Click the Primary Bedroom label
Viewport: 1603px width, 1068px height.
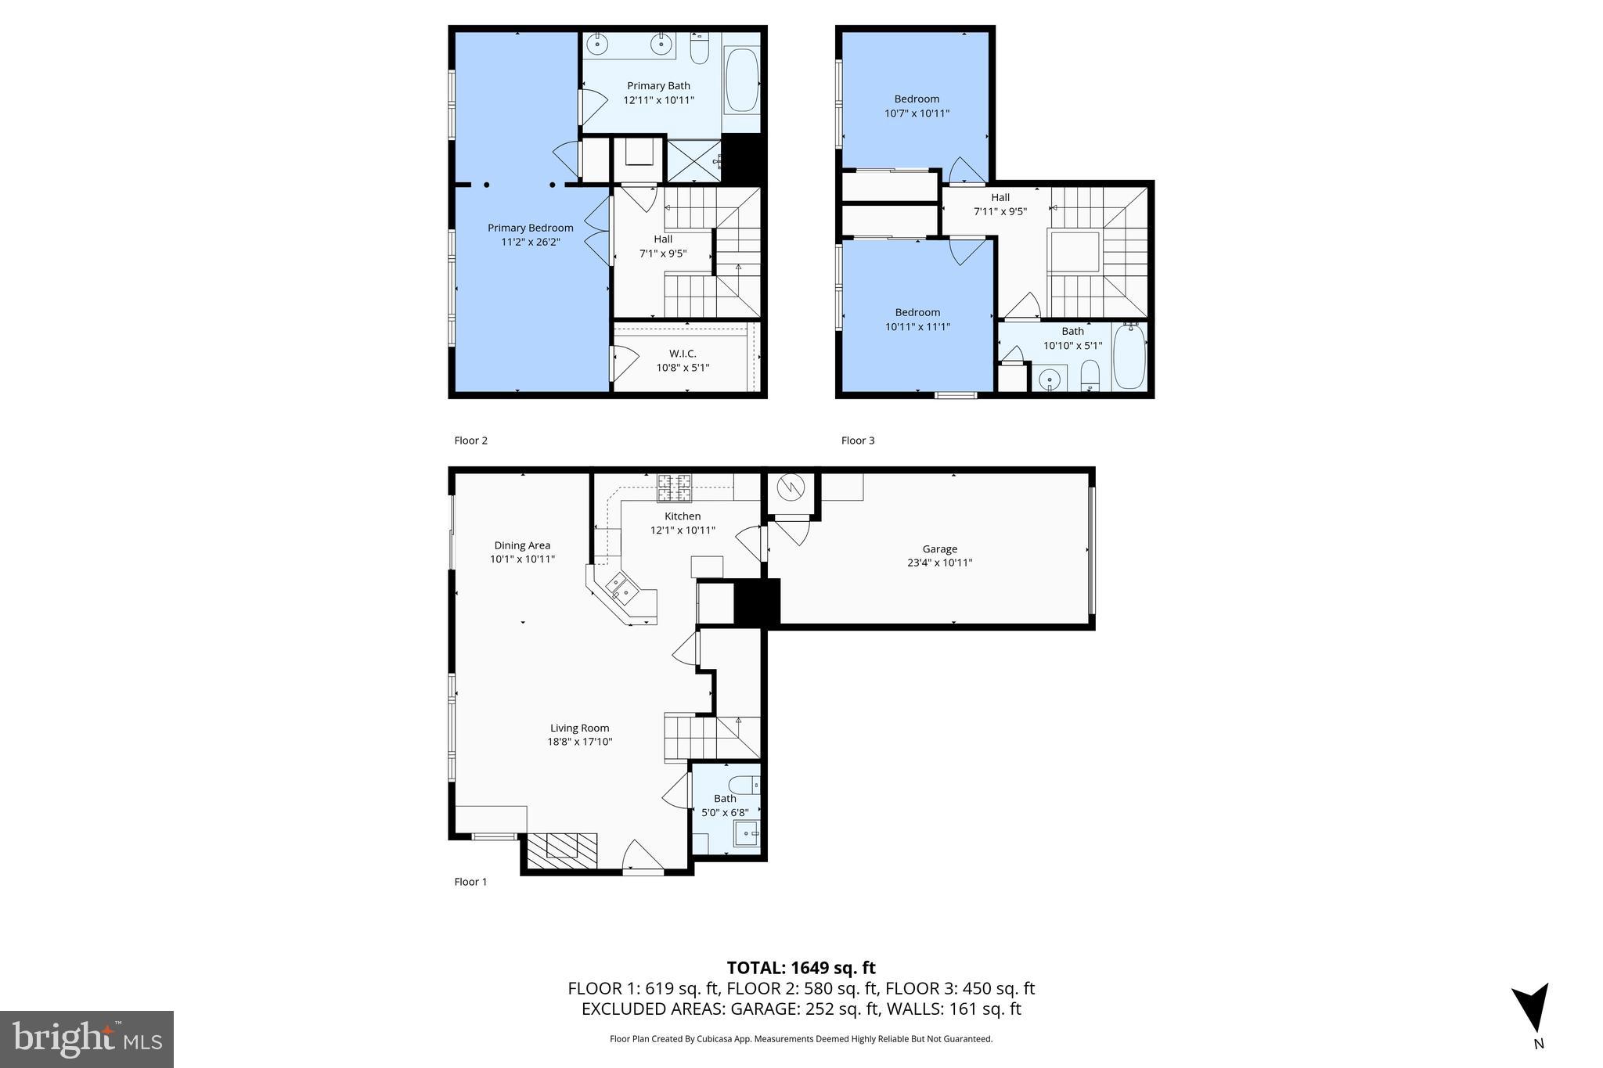coord(530,228)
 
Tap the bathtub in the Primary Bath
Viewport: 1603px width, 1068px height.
coord(741,81)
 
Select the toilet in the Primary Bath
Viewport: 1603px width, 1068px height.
coord(700,49)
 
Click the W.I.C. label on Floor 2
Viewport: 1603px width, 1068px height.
coord(683,354)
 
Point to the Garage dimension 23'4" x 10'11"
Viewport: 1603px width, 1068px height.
coord(939,563)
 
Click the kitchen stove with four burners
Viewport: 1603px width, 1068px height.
coord(674,487)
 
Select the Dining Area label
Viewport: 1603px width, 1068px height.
coord(522,545)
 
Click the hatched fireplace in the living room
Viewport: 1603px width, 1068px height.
coord(561,850)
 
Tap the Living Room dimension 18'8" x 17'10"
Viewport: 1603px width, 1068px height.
coord(579,742)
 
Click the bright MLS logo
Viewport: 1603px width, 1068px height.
coord(87,1039)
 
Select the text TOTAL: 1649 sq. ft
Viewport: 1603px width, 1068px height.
coord(801,968)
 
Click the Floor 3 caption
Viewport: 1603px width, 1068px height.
coord(858,441)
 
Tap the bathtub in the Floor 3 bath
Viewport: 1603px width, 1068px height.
coord(1129,357)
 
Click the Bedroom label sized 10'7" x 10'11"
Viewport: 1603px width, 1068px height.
coord(917,99)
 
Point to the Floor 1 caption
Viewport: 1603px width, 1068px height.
coord(470,882)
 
